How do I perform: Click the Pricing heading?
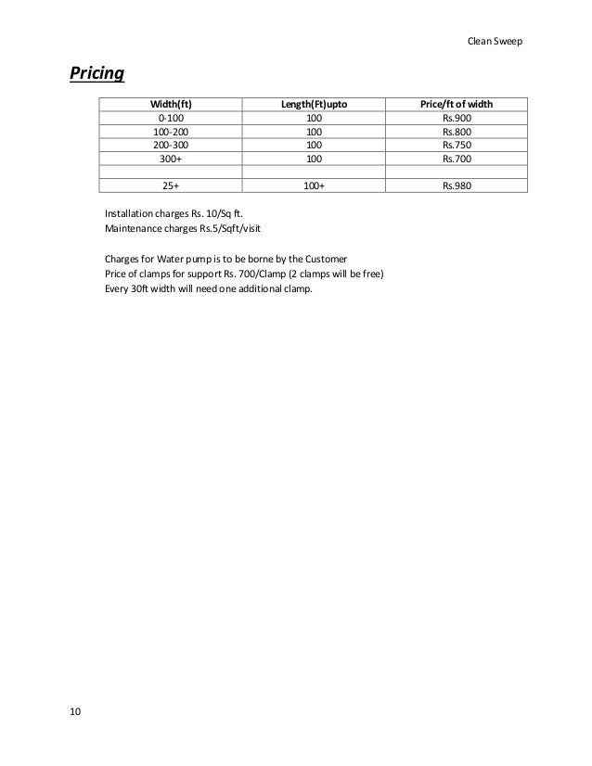tap(97, 72)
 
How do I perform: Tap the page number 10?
tap(75, 711)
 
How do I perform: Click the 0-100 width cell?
tap(171, 120)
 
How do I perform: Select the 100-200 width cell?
tap(171, 133)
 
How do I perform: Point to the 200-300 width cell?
tap(171, 146)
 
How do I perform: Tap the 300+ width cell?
tap(171, 159)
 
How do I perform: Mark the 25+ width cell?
tap(171, 185)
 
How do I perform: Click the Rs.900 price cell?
tap(456, 120)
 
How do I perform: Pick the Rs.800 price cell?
tap(456, 133)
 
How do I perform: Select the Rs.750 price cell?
tap(456, 146)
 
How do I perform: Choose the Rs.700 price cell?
tap(456, 159)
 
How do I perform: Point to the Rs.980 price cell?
tap(456, 185)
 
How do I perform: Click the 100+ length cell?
tap(314, 185)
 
